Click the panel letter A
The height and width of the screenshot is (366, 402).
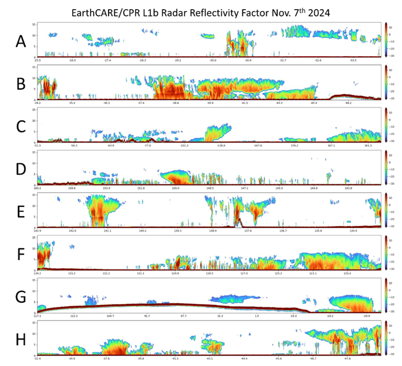21,41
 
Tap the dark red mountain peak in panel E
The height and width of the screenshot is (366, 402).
238,218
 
